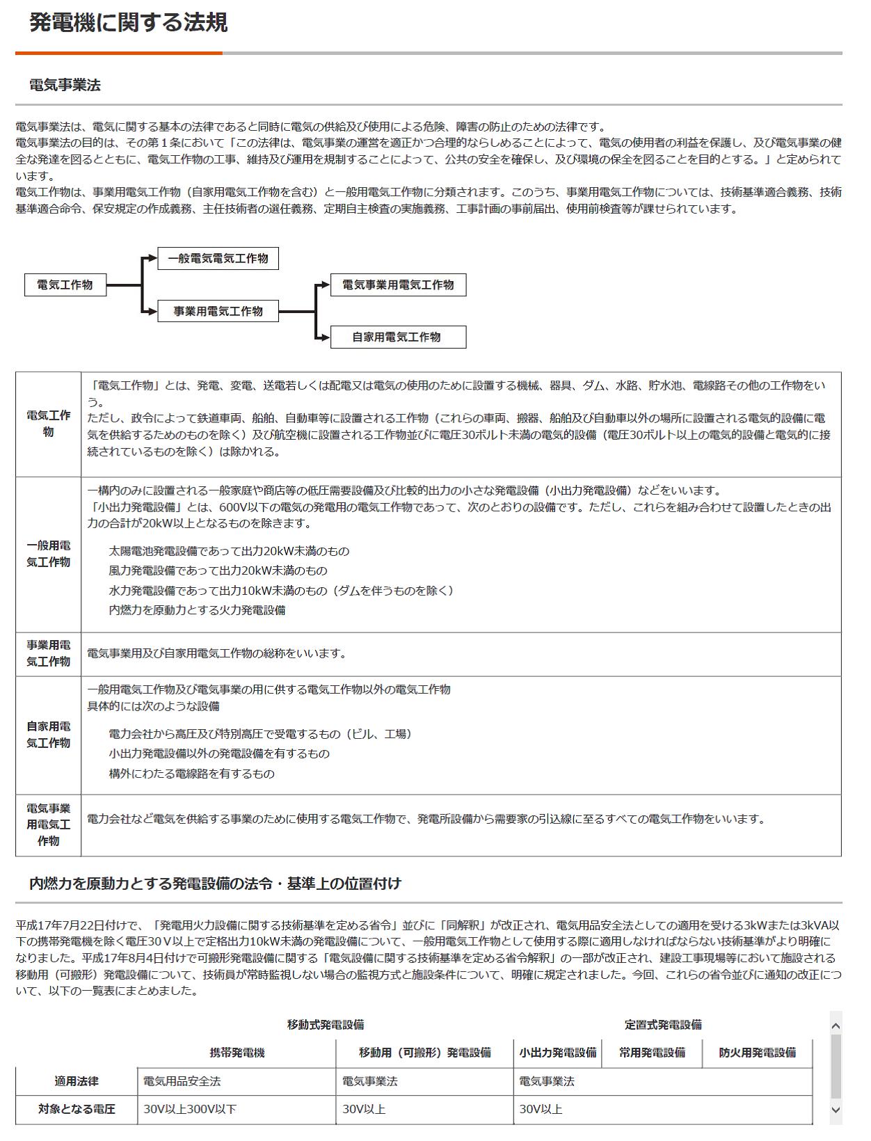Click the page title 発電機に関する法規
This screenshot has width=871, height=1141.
[128, 23]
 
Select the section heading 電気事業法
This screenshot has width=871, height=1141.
[65, 85]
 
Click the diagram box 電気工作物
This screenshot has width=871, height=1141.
[65, 285]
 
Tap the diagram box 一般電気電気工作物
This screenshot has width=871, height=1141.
[218, 258]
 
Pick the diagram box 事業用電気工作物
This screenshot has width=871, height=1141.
[218, 311]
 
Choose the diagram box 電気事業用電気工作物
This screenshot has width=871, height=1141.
[397, 285]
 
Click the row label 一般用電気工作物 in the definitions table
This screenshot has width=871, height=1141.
[48, 554]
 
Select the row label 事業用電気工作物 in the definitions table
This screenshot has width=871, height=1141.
[48, 653]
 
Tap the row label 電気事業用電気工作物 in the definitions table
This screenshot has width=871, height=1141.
[48, 824]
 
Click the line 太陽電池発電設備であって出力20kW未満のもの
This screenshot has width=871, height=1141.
[229, 551]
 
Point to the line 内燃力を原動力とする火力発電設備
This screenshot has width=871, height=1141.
[197, 610]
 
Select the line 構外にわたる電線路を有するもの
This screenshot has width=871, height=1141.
[191, 774]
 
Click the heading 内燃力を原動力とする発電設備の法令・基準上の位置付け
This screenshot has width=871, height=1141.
[215, 884]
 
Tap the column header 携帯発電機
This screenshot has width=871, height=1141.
[237, 1053]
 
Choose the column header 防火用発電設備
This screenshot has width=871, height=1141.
[757, 1053]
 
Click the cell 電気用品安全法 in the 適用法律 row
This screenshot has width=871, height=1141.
[182, 1081]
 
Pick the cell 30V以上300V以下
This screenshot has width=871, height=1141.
[190, 1109]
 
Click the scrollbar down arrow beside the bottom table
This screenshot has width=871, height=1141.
[836, 1110]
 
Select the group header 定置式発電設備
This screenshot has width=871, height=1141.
[662, 1024]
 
